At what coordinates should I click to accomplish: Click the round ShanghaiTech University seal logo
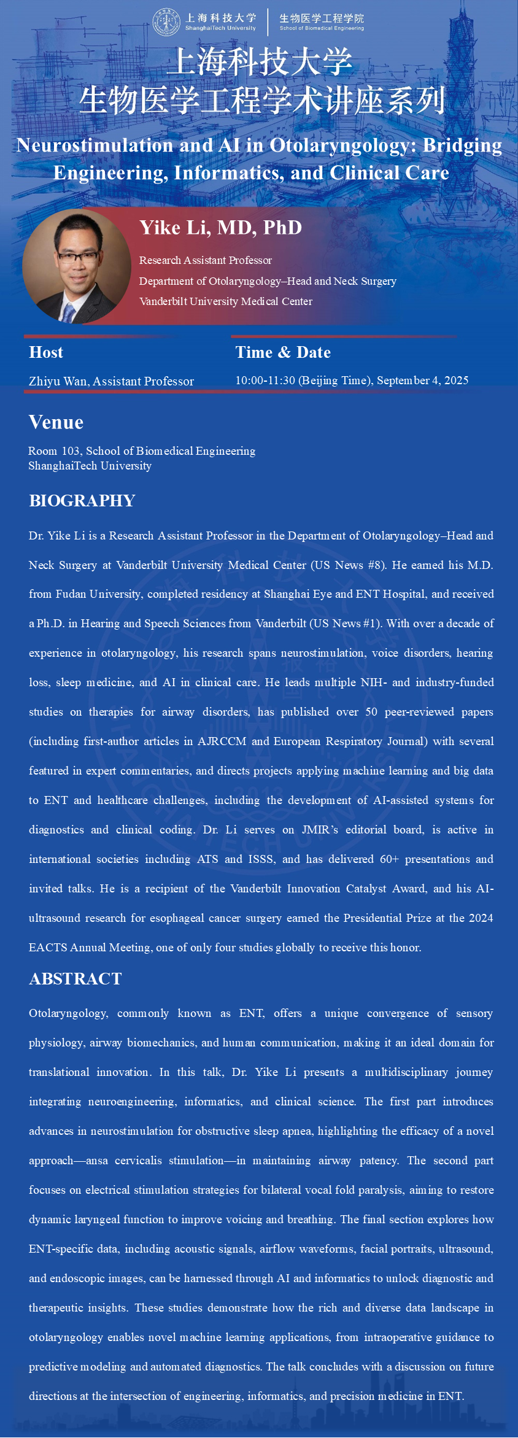[166, 22]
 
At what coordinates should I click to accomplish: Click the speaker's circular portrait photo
[75, 266]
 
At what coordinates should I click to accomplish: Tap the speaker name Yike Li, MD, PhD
[220, 228]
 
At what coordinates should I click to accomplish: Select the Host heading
[46, 352]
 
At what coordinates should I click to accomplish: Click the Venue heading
[56, 422]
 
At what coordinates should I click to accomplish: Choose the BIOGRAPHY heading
[82, 501]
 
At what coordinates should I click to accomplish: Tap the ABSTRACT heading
[75, 979]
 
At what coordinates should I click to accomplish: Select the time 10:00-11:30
[265, 381]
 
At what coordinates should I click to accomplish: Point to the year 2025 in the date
[456, 381]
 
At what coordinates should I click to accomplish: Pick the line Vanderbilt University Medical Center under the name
[226, 301]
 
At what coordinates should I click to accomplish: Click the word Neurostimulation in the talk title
[95, 145]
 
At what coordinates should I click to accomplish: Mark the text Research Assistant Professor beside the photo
[205, 260]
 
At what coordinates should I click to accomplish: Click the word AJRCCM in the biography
[222, 741]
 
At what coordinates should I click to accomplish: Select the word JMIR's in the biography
[320, 830]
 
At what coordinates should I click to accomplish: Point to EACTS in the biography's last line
[48, 948]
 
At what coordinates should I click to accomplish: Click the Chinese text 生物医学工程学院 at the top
[322, 18]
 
